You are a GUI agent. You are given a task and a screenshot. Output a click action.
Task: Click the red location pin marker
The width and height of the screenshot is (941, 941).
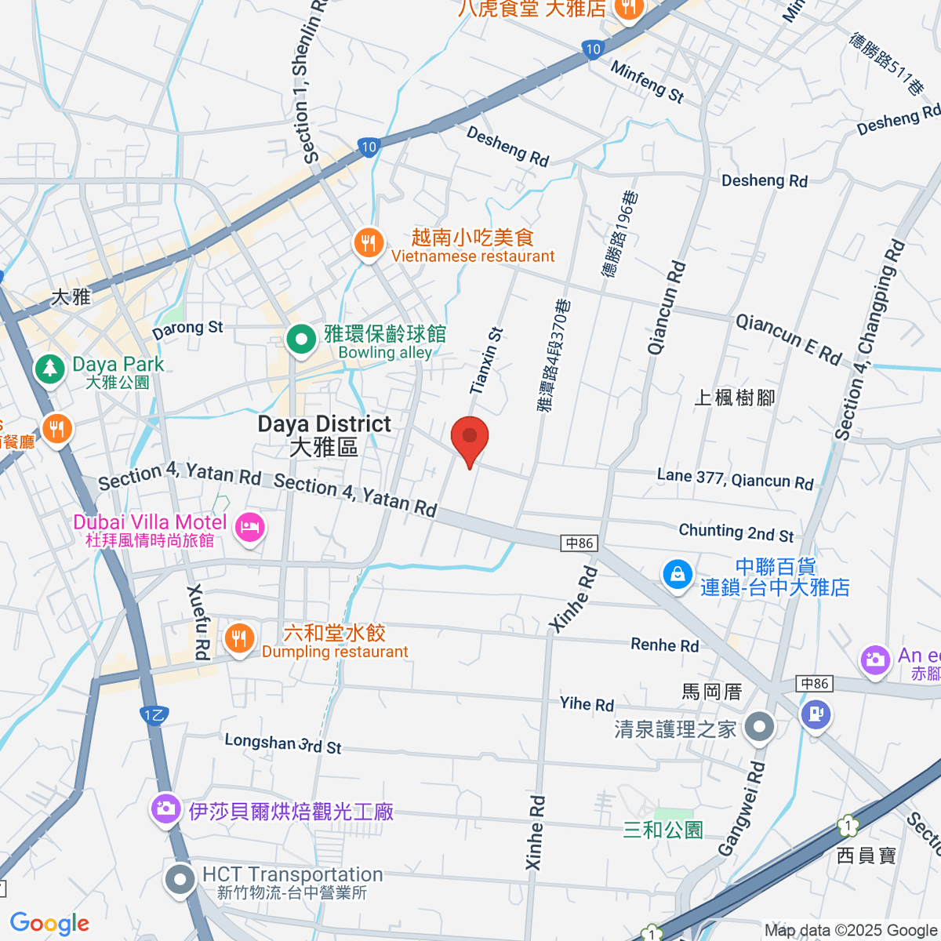click(x=470, y=438)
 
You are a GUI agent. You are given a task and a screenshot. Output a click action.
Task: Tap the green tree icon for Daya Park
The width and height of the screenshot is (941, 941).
click(x=49, y=369)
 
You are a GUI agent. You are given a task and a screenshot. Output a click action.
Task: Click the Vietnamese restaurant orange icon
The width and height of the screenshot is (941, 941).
click(x=368, y=242)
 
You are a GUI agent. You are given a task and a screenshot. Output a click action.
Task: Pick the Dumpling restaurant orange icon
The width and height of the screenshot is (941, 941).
click(x=239, y=639)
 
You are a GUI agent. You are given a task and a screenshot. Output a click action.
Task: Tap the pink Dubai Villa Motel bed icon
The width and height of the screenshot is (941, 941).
click(x=249, y=527)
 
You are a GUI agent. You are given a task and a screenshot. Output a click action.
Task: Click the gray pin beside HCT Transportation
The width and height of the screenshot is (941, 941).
click(x=180, y=879)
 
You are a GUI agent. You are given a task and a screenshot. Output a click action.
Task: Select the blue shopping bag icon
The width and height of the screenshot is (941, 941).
click(x=677, y=574)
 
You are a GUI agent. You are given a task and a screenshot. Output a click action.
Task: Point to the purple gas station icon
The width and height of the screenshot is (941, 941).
click(x=816, y=714)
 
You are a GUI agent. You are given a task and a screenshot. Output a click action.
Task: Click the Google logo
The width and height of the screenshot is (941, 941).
click(x=49, y=924)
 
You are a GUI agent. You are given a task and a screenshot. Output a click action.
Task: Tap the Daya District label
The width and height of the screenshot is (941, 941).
click(x=324, y=435)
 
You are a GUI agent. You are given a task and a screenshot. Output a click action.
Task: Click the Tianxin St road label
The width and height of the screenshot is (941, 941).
click(x=486, y=361)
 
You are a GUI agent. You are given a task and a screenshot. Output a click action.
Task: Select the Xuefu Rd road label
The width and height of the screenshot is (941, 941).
click(x=199, y=622)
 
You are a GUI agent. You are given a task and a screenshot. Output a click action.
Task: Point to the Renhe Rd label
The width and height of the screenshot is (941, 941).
click(x=664, y=645)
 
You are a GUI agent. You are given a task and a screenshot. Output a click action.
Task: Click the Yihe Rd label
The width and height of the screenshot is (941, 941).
click(x=587, y=703)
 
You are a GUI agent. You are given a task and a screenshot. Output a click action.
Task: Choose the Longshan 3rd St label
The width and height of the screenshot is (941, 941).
click(x=282, y=743)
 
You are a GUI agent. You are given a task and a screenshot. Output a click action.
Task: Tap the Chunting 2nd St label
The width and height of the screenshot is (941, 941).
click(x=736, y=532)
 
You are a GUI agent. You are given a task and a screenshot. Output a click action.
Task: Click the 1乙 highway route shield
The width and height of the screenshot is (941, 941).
click(x=154, y=714)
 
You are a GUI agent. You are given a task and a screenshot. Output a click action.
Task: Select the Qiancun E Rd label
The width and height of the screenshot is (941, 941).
click(x=788, y=339)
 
